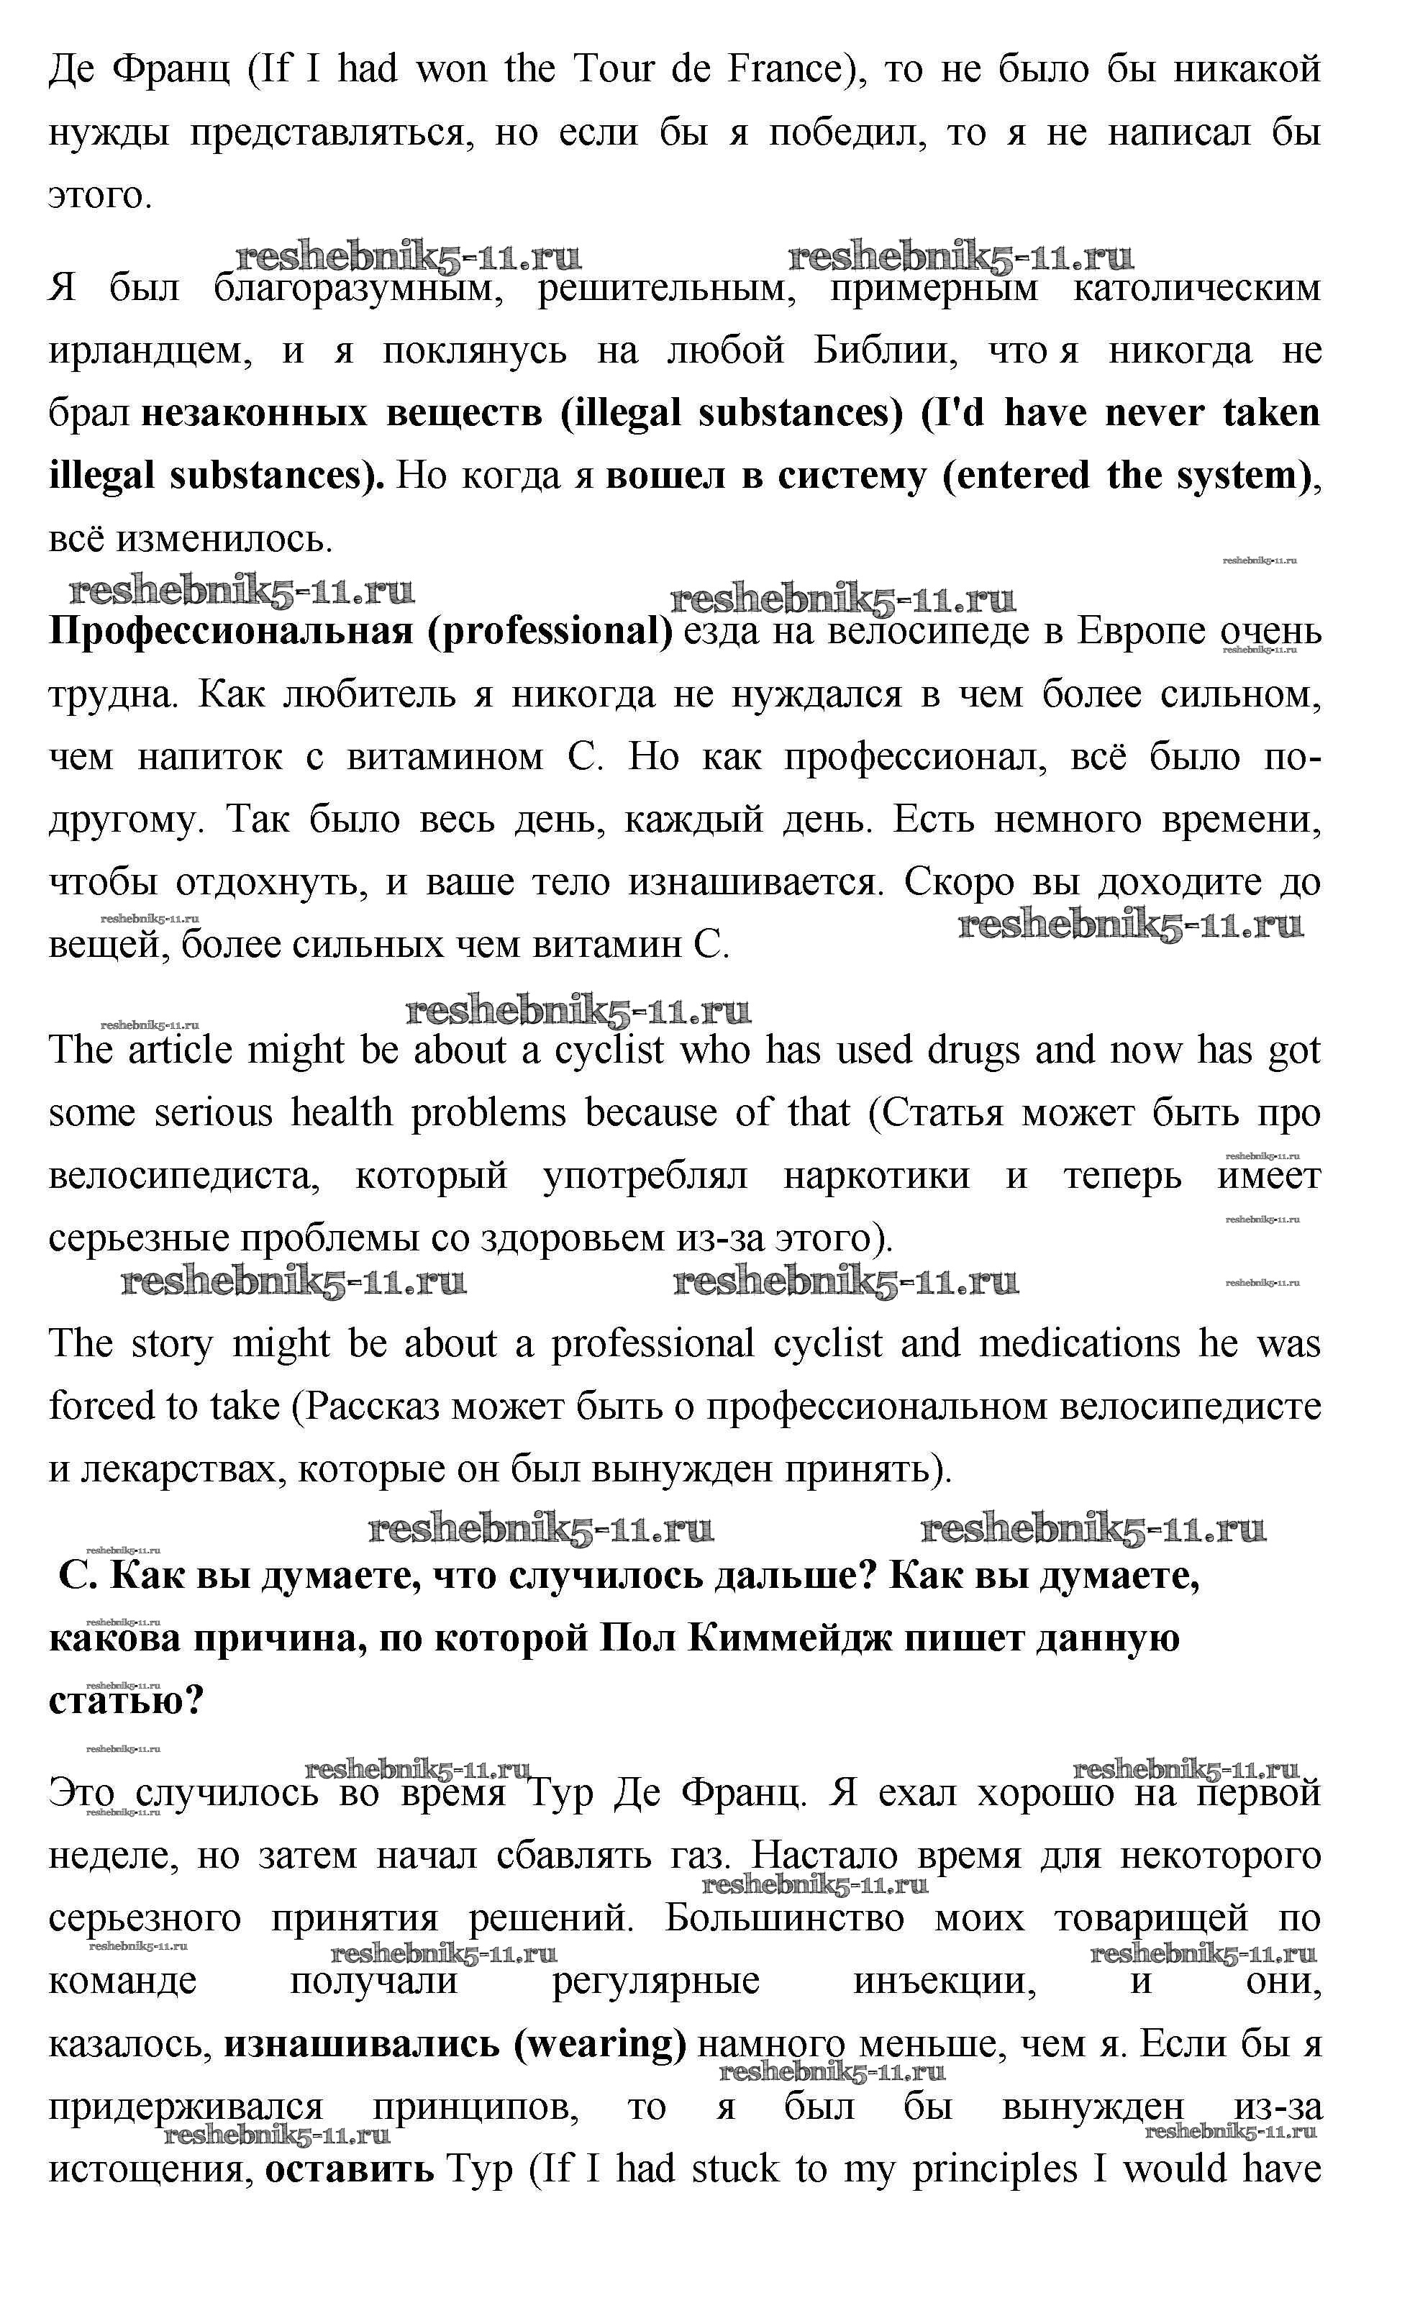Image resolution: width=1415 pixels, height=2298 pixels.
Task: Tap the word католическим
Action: pos(1197,289)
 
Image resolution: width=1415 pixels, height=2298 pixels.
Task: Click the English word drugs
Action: pos(973,1051)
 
